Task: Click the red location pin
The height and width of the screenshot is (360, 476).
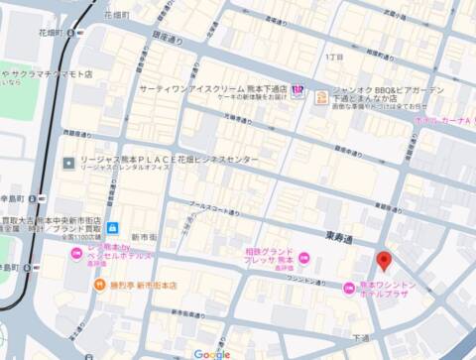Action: [385, 262]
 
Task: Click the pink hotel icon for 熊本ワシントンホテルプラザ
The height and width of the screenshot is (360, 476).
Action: [348, 289]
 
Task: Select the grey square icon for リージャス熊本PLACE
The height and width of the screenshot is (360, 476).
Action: [67, 161]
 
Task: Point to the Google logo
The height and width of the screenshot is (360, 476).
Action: [212, 353]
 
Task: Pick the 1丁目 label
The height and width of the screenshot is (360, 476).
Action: [335, 57]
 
